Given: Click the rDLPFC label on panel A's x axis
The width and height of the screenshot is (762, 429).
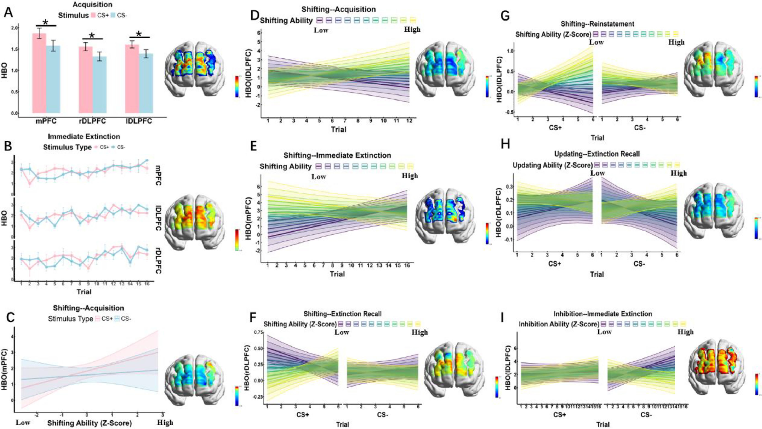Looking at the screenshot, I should tap(92, 121).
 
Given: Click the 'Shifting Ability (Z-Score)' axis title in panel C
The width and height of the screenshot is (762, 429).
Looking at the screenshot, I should tap(89, 423).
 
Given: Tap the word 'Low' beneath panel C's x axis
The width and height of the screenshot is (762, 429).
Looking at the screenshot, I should tap(23, 423).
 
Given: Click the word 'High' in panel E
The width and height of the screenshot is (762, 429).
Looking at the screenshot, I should tap(410, 176).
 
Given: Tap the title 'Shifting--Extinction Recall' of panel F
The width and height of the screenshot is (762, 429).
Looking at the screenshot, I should tap(342, 314).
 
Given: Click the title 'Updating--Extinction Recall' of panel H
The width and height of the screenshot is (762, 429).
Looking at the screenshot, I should tap(597, 154).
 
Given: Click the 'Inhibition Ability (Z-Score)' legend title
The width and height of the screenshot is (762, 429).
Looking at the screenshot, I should tap(559, 324).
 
